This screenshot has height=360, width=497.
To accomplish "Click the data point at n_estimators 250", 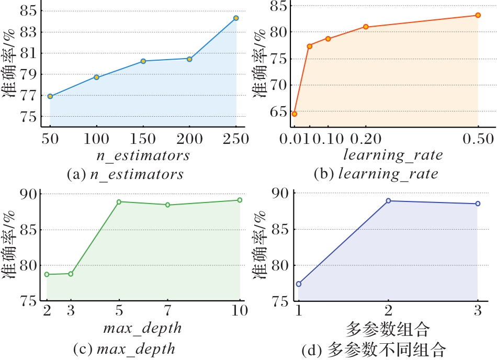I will tap(236, 18).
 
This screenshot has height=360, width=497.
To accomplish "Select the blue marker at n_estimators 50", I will tap(50, 96).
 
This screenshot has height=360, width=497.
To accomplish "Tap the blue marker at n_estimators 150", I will tap(143, 61).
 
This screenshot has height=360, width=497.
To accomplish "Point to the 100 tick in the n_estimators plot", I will tap(96, 139).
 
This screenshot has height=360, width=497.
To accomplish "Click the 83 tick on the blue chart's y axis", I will tap(30, 32).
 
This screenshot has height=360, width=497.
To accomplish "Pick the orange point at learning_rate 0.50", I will tap(478, 15).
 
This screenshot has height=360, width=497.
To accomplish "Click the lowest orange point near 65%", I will tap(294, 114).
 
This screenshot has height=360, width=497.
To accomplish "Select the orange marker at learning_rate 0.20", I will tap(366, 27).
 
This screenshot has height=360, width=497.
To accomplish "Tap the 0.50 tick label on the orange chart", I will tap(478, 139).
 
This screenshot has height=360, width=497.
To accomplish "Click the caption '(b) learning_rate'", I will tap(375, 174).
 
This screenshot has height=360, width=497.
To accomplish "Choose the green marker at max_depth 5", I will tap(119, 202).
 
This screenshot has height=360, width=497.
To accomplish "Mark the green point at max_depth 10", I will tap(240, 200).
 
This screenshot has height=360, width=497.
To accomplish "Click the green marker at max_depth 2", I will tap(47, 274).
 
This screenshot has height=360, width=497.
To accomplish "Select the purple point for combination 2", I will tap(388, 201).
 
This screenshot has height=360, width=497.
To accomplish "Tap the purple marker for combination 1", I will tap(299, 284).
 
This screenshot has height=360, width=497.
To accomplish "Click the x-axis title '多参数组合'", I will tap(388, 330).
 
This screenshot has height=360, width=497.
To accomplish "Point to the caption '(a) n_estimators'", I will tap(126, 174).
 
